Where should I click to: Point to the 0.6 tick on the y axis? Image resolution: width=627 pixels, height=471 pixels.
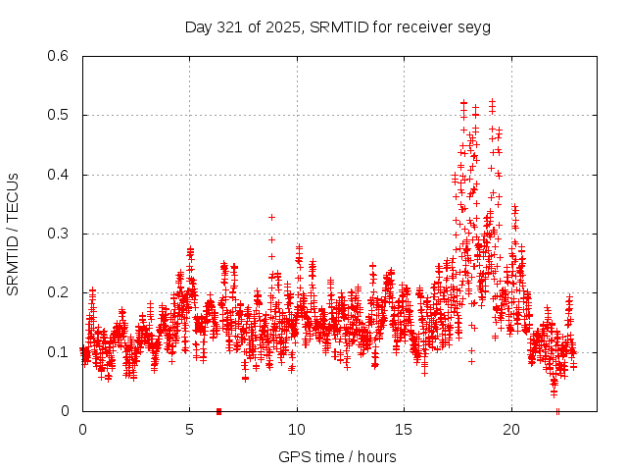pyautogui.click(x=59, y=56)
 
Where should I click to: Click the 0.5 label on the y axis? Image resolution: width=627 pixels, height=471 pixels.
pyautogui.click(x=59, y=115)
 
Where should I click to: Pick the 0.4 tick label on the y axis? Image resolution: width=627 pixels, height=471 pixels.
pyautogui.click(x=59, y=175)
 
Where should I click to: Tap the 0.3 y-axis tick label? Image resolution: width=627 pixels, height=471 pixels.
pyautogui.click(x=59, y=234)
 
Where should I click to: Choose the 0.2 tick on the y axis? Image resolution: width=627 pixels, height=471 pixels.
pyautogui.click(x=59, y=292)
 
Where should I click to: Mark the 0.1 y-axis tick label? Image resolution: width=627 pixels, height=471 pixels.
pyautogui.click(x=59, y=352)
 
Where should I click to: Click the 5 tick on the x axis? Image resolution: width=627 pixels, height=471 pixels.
pyautogui.click(x=190, y=430)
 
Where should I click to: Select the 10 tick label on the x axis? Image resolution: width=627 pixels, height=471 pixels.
pyautogui.click(x=297, y=430)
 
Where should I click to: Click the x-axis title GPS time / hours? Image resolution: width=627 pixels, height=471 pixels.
pyautogui.click(x=337, y=456)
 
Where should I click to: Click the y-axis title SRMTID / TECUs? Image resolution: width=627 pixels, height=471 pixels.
pyautogui.click(x=14, y=234)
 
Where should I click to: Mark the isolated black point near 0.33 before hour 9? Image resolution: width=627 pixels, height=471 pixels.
pyautogui.click(x=271, y=217)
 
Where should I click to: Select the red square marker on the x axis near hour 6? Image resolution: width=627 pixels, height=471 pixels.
pyautogui.click(x=218, y=411)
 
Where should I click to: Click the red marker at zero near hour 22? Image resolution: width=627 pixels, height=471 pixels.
pyautogui.click(x=557, y=411)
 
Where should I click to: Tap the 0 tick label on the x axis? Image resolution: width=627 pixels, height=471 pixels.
pyautogui.click(x=82, y=430)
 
